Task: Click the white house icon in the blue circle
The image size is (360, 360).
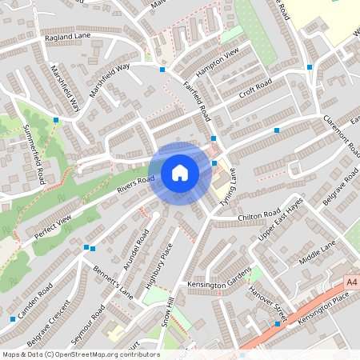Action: pos(180,172)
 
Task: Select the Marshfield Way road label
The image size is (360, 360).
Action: pos(110,81)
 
